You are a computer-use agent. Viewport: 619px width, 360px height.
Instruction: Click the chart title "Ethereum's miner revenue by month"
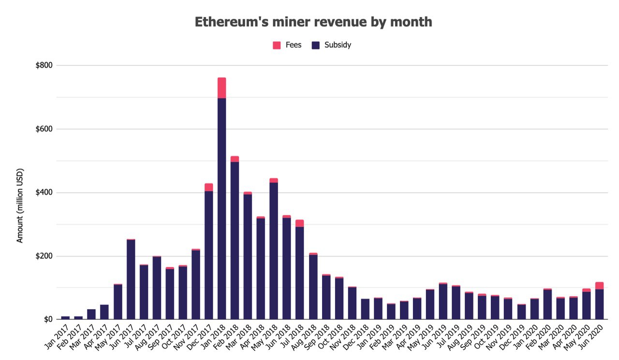[x=313, y=22]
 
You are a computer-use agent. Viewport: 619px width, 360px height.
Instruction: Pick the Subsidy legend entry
[x=331, y=45]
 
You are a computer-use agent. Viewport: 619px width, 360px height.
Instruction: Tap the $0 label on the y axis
[x=48, y=319]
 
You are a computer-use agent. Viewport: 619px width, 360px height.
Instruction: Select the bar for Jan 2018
[x=221, y=208]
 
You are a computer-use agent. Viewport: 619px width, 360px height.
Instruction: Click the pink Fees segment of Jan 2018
[x=221, y=88]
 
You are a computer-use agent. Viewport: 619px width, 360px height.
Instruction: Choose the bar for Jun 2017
[x=131, y=279]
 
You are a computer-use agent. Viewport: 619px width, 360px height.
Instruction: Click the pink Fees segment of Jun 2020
[x=600, y=285]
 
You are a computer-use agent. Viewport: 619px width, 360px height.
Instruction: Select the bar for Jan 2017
[x=65, y=318]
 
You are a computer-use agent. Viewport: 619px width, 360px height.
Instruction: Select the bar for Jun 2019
[x=443, y=301]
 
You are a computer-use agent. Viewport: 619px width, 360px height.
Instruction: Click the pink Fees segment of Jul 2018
[x=300, y=223]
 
